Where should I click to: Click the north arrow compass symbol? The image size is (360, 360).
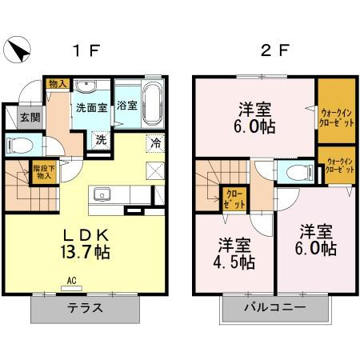click(18, 50)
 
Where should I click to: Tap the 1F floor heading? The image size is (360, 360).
click(86, 50)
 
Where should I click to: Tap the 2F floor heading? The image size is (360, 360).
click(275, 50)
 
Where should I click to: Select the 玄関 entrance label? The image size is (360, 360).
click(30, 118)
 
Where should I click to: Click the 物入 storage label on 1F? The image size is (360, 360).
click(58, 84)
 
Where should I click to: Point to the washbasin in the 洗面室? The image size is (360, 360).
click(86, 86)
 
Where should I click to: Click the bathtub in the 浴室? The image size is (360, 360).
click(152, 103)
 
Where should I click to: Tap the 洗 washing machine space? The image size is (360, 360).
click(102, 139)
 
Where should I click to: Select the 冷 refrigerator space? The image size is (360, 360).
click(155, 143)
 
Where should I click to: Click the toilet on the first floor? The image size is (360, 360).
click(20, 146)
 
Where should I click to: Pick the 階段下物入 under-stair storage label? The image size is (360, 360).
click(44, 172)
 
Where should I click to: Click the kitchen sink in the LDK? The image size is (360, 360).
click(102, 194)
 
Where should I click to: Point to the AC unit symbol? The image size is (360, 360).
click(71, 289)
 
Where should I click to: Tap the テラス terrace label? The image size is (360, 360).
click(85, 308)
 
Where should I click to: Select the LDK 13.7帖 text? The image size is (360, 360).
click(86, 244)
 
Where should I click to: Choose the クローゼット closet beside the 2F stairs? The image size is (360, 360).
click(234, 199)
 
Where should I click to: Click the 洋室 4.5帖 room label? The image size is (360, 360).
click(234, 253)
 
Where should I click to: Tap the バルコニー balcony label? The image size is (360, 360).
click(275, 307)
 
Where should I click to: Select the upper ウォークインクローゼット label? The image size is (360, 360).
click(337, 118)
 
